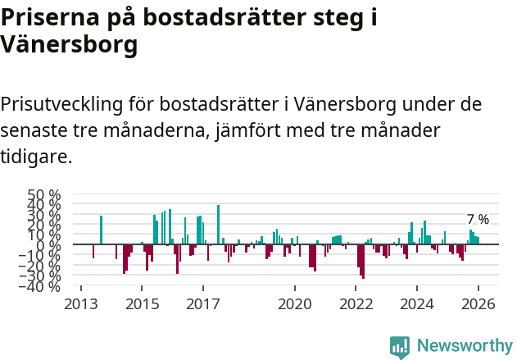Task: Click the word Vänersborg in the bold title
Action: point(69,45)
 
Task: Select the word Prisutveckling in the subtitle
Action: point(61,105)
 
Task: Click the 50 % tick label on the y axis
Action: point(44,196)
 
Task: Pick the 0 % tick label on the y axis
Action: point(48,244)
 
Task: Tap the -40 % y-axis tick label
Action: point(42,286)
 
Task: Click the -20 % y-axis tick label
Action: point(42,265)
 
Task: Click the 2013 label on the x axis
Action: point(80,304)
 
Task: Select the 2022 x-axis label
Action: point(356,304)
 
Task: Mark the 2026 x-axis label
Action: point(478,304)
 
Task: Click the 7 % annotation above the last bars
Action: point(478,220)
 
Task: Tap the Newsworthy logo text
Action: point(464,346)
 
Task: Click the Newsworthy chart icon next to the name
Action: point(400,347)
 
